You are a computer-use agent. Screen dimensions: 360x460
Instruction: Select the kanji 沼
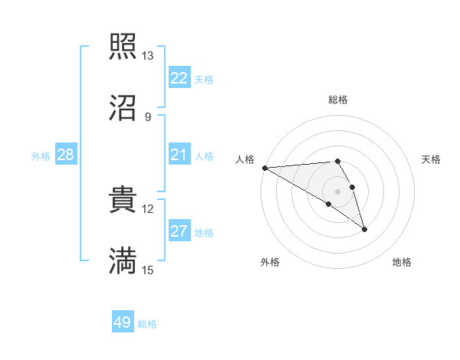[123, 109]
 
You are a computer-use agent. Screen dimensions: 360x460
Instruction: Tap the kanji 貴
[123, 200]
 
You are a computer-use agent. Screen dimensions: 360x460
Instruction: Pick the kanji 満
[123, 261]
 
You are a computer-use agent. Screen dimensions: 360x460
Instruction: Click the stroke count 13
[148, 56]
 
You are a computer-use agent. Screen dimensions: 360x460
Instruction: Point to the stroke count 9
[148, 117]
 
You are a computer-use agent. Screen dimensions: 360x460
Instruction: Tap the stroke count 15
[148, 270]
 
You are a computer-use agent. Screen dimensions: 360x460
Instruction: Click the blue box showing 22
[179, 78]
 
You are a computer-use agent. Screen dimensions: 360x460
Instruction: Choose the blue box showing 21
[179, 155]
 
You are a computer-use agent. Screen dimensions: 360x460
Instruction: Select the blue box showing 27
[179, 231]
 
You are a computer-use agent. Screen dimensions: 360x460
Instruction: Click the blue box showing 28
[66, 155]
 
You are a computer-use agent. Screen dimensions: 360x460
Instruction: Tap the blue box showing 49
[123, 322]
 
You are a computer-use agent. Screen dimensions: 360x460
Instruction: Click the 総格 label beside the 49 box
[147, 324]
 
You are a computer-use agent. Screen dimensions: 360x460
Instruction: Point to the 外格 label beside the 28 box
[41, 156]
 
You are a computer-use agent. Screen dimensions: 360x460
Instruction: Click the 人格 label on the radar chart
[245, 159]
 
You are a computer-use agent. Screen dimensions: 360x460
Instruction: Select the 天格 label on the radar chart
[432, 159]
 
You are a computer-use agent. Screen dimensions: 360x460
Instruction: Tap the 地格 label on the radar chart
[402, 262]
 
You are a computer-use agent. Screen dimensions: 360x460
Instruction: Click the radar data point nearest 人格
[264, 168]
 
